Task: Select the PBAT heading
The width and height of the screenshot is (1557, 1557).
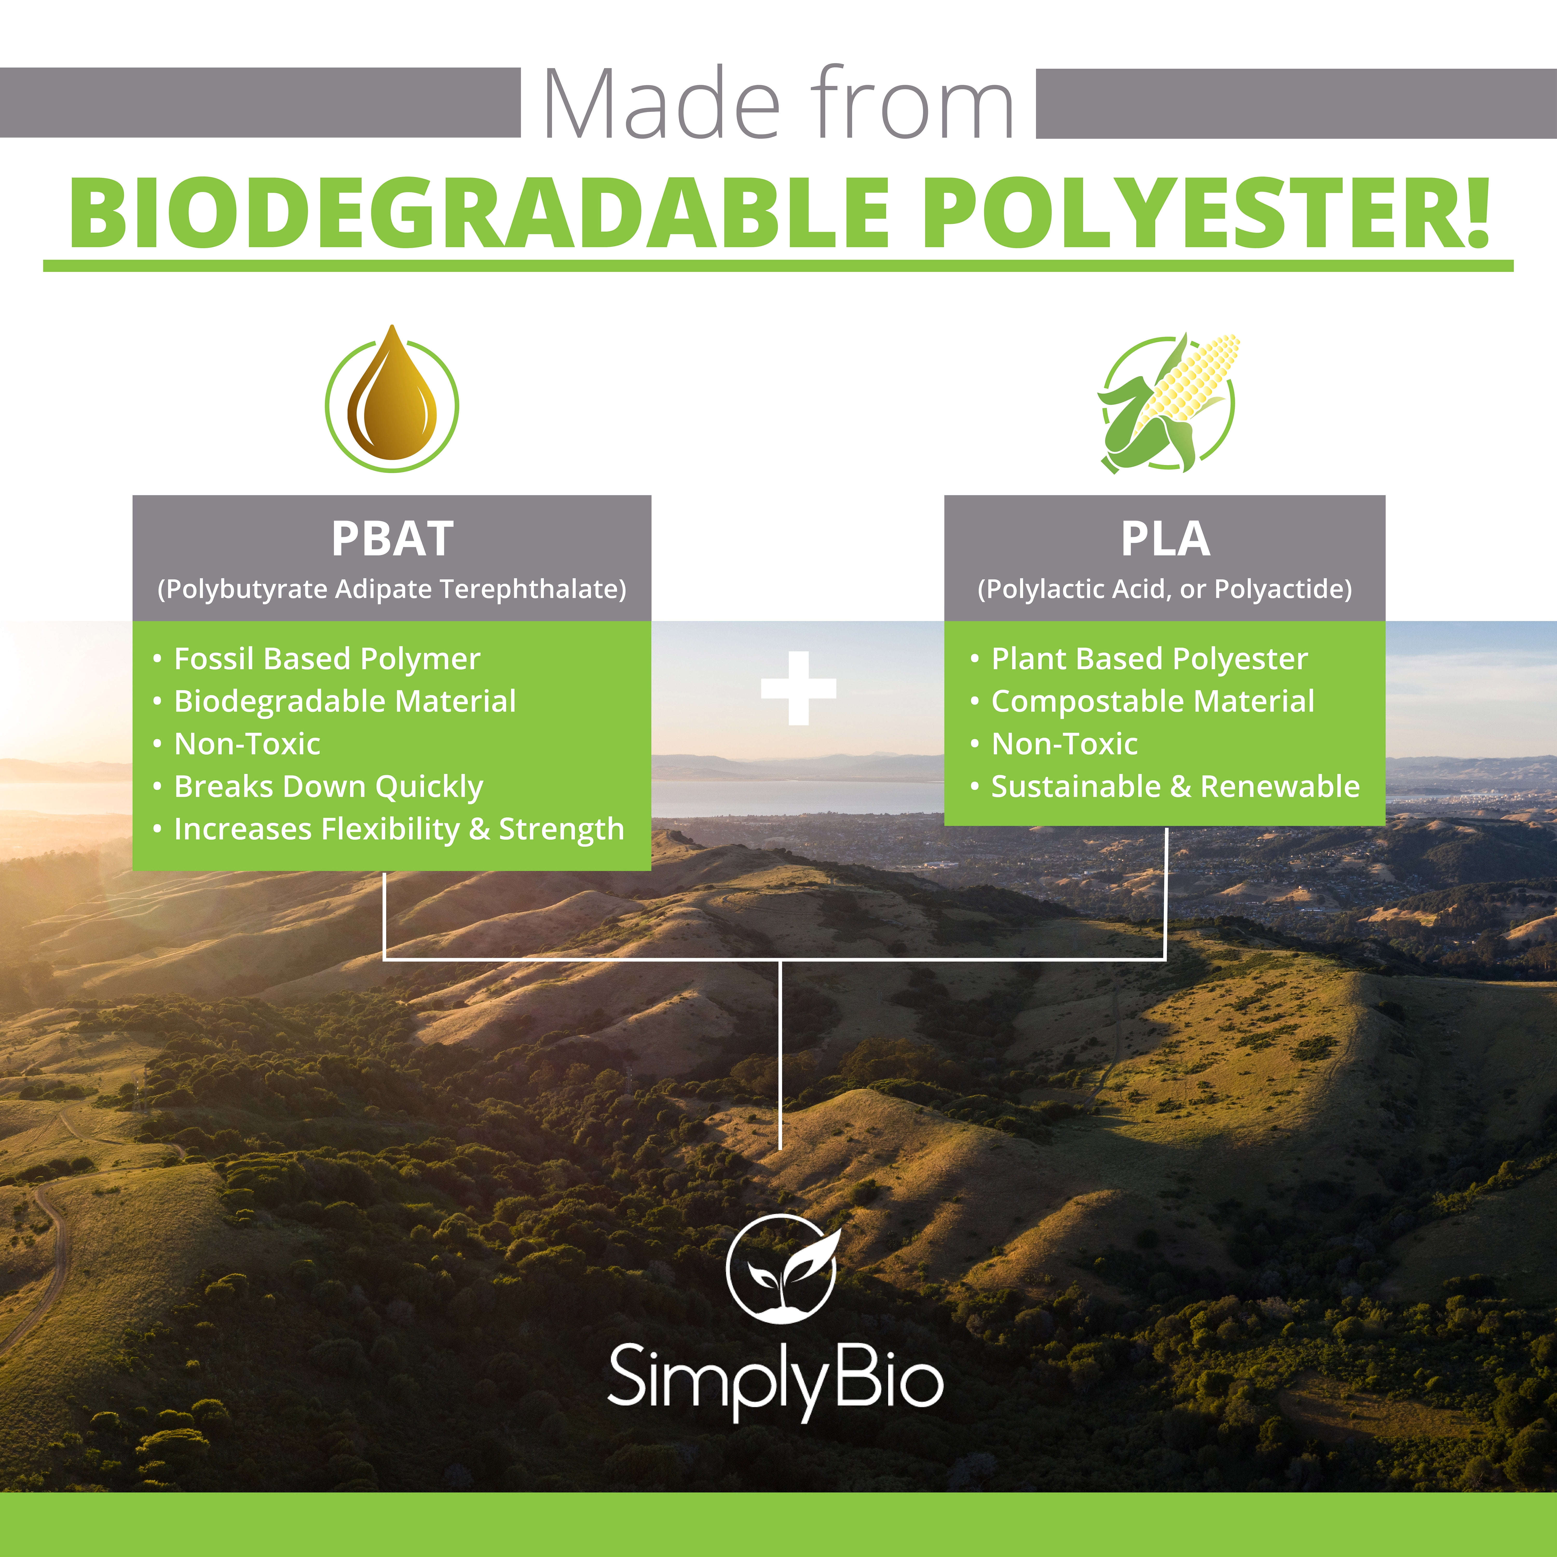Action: pyautogui.click(x=392, y=538)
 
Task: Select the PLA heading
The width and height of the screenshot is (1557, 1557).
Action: pyautogui.click(x=1165, y=538)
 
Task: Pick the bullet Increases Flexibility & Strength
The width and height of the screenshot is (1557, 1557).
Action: pyautogui.click(x=399, y=829)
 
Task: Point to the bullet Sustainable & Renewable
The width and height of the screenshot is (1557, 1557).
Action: pyautogui.click(x=1175, y=787)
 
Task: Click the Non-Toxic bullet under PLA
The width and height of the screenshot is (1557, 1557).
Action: pyautogui.click(x=1064, y=744)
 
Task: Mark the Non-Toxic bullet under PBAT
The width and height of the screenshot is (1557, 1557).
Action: pyautogui.click(x=247, y=744)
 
